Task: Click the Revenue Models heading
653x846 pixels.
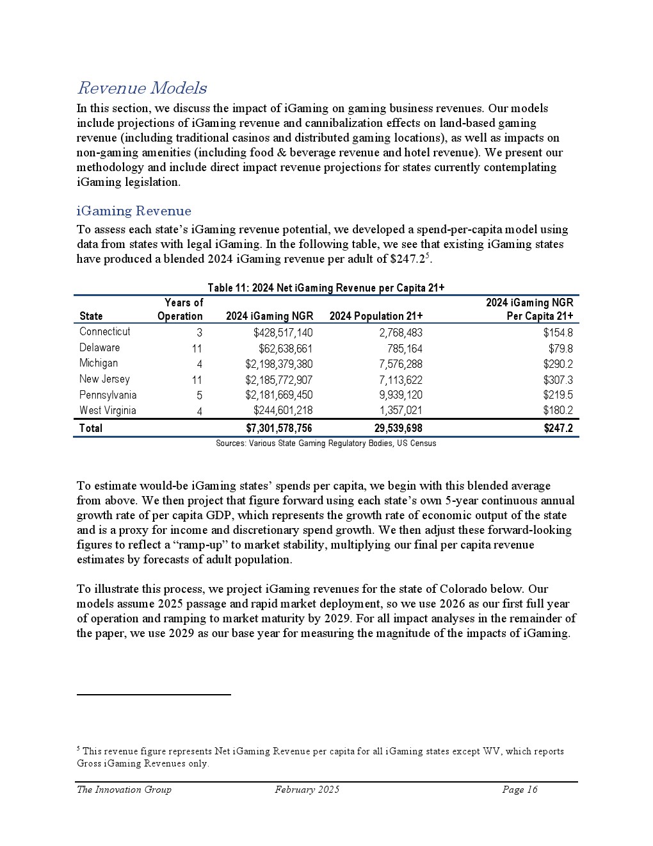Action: coord(141,88)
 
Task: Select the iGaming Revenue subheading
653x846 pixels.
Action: coord(134,211)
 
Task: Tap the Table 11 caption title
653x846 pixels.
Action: coord(326,288)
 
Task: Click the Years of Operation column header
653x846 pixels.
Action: coord(181,309)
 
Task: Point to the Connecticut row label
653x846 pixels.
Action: coord(104,331)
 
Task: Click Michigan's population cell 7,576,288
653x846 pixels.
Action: coord(396,364)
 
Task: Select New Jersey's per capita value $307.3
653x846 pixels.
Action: coord(558,379)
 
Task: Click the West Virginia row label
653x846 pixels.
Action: coord(108,411)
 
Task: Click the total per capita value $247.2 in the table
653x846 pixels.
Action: coord(558,428)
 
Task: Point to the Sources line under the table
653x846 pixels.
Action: coord(326,444)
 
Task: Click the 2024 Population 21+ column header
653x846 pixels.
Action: coord(376,316)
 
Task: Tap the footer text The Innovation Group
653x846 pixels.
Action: coord(124,790)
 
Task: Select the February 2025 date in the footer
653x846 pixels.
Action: coord(307,790)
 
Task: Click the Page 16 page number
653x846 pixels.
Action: coord(520,790)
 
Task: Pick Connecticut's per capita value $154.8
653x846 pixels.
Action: coord(558,333)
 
